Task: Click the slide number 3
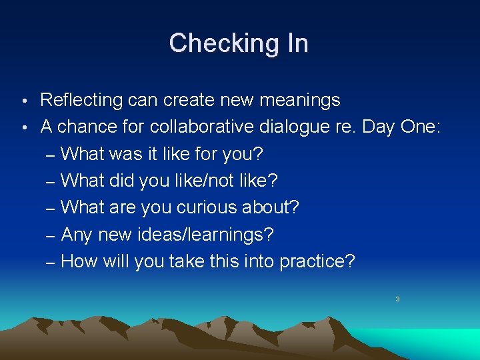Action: pos(397,299)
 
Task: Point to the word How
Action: pos(79,261)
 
